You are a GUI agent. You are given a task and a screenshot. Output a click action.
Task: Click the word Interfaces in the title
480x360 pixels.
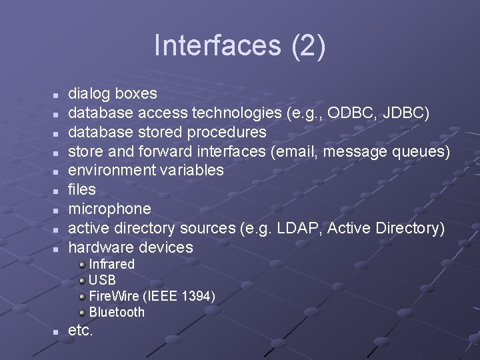click(208, 45)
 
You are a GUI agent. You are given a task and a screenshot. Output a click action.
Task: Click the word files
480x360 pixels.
click(83, 189)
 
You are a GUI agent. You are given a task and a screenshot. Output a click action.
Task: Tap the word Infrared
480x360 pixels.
click(112, 264)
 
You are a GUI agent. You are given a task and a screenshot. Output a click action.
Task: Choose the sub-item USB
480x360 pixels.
click(102, 280)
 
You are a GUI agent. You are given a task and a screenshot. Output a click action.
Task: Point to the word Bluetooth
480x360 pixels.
click(117, 312)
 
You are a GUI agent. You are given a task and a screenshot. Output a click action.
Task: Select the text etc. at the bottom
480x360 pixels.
click(81, 330)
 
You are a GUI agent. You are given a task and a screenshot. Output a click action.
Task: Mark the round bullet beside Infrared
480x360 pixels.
click(82, 265)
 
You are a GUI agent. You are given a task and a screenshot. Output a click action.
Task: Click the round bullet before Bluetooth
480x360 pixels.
click(82, 313)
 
